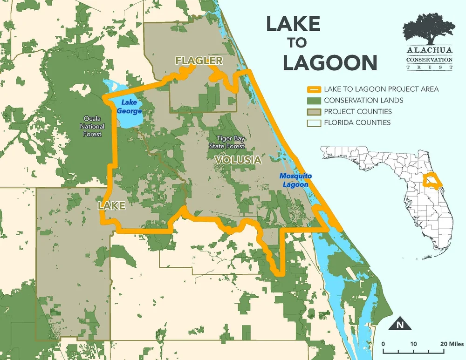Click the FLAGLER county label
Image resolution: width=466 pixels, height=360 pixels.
pos(199,61)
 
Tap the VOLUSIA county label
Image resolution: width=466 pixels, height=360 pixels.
pos(238,160)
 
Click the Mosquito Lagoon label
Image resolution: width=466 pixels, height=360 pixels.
pos(295,180)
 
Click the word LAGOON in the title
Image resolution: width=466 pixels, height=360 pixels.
pos(330,62)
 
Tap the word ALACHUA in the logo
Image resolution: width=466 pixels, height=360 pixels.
pos(429,51)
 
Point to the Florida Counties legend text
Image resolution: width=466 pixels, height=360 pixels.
pos(357,123)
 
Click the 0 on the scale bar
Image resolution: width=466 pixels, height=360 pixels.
pos(383,344)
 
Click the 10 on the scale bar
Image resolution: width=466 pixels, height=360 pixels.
pos(413,344)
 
